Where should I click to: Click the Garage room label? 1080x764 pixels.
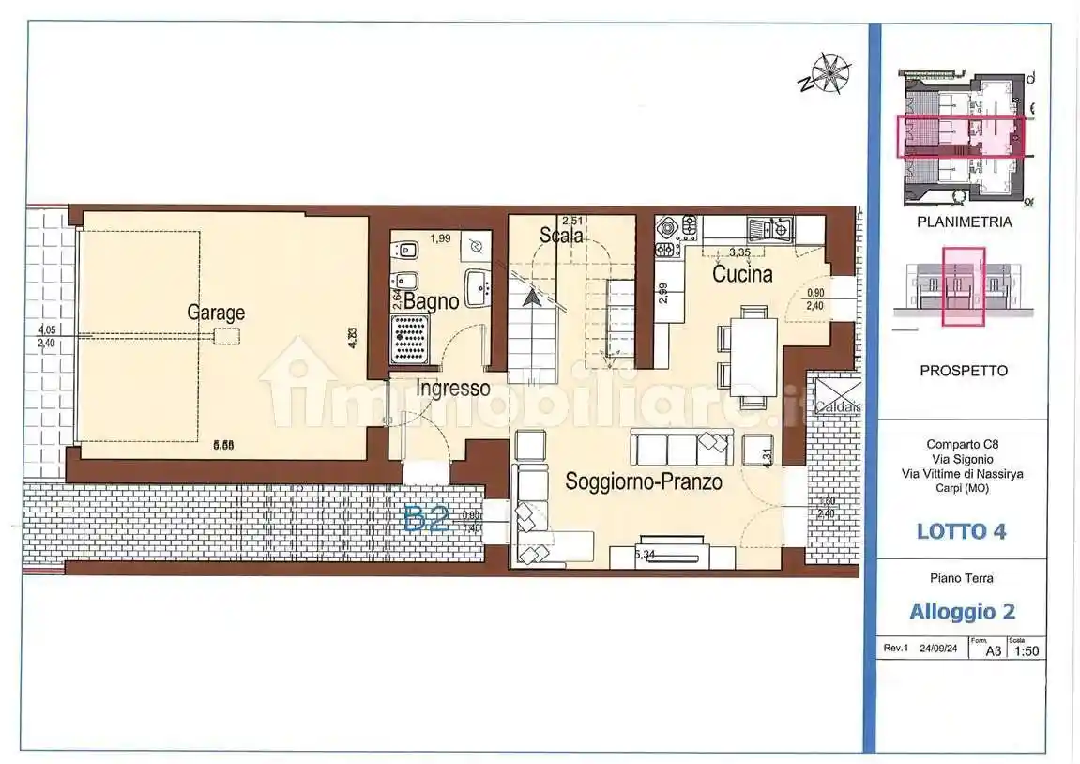pyautogui.click(x=216, y=312)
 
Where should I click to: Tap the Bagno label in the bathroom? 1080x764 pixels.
pyautogui.click(x=432, y=301)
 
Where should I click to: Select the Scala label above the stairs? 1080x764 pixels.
pyautogui.click(x=562, y=236)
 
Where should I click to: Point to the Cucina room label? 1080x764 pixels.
pyautogui.click(x=742, y=274)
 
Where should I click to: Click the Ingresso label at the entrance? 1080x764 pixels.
pyautogui.click(x=453, y=387)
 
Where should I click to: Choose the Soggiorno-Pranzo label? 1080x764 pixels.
pyautogui.click(x=643, y=481)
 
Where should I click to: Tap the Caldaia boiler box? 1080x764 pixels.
pyautogui.click(x=833, y=406)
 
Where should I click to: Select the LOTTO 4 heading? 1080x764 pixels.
pyautogui.click(x=961, y=530)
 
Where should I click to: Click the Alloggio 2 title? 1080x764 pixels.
pyautogui.click(x=962, y=611)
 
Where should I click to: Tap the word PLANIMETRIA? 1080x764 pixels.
pyautogui.click(x=963, y=222)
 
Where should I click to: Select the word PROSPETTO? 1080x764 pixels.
pyautogui.click(x=963, y=370)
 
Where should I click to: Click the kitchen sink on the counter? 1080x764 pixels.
pyautogui.click(x=768, y=227)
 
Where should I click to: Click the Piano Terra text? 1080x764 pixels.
pyautogui.click(x=962, y=578)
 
